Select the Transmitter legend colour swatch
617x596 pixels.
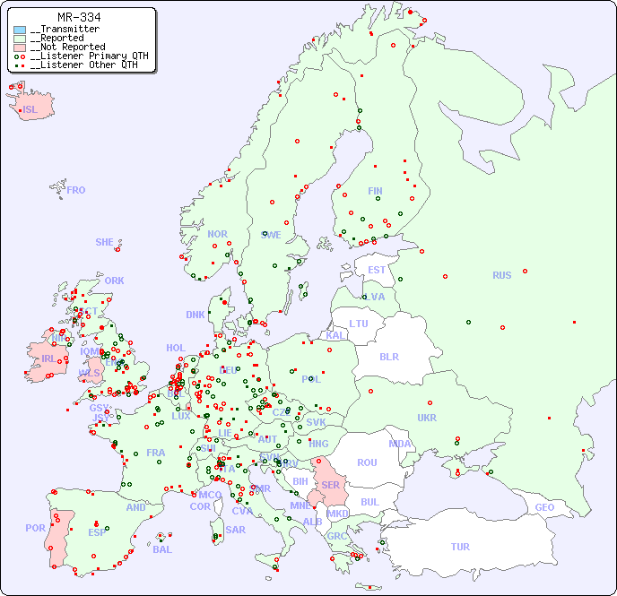[x=20, y=30]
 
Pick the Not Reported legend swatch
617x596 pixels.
[x=20, y=47]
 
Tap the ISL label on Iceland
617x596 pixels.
[x=30, y=110]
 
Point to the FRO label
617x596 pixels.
[x=75, y=190]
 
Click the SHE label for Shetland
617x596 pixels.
[x=104, y=242]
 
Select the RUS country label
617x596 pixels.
[x=501, y=275]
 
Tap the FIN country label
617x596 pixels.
[x=375, y=191]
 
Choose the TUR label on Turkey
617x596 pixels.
[x=460, y=547]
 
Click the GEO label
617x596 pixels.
[x=544, y=507]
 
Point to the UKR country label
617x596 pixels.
[x=427, y=418]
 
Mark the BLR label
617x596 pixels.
[x=388, y=356]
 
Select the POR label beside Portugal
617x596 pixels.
[x=35, y=528]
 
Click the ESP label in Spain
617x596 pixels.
[x=97, y=532]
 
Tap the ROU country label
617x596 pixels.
[x=367, y=462]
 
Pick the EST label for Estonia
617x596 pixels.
[x=377, y=270]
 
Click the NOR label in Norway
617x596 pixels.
[x=217, y=234]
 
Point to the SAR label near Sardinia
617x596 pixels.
[x=236, y=530]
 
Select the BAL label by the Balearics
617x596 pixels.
[x=162, y=549]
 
